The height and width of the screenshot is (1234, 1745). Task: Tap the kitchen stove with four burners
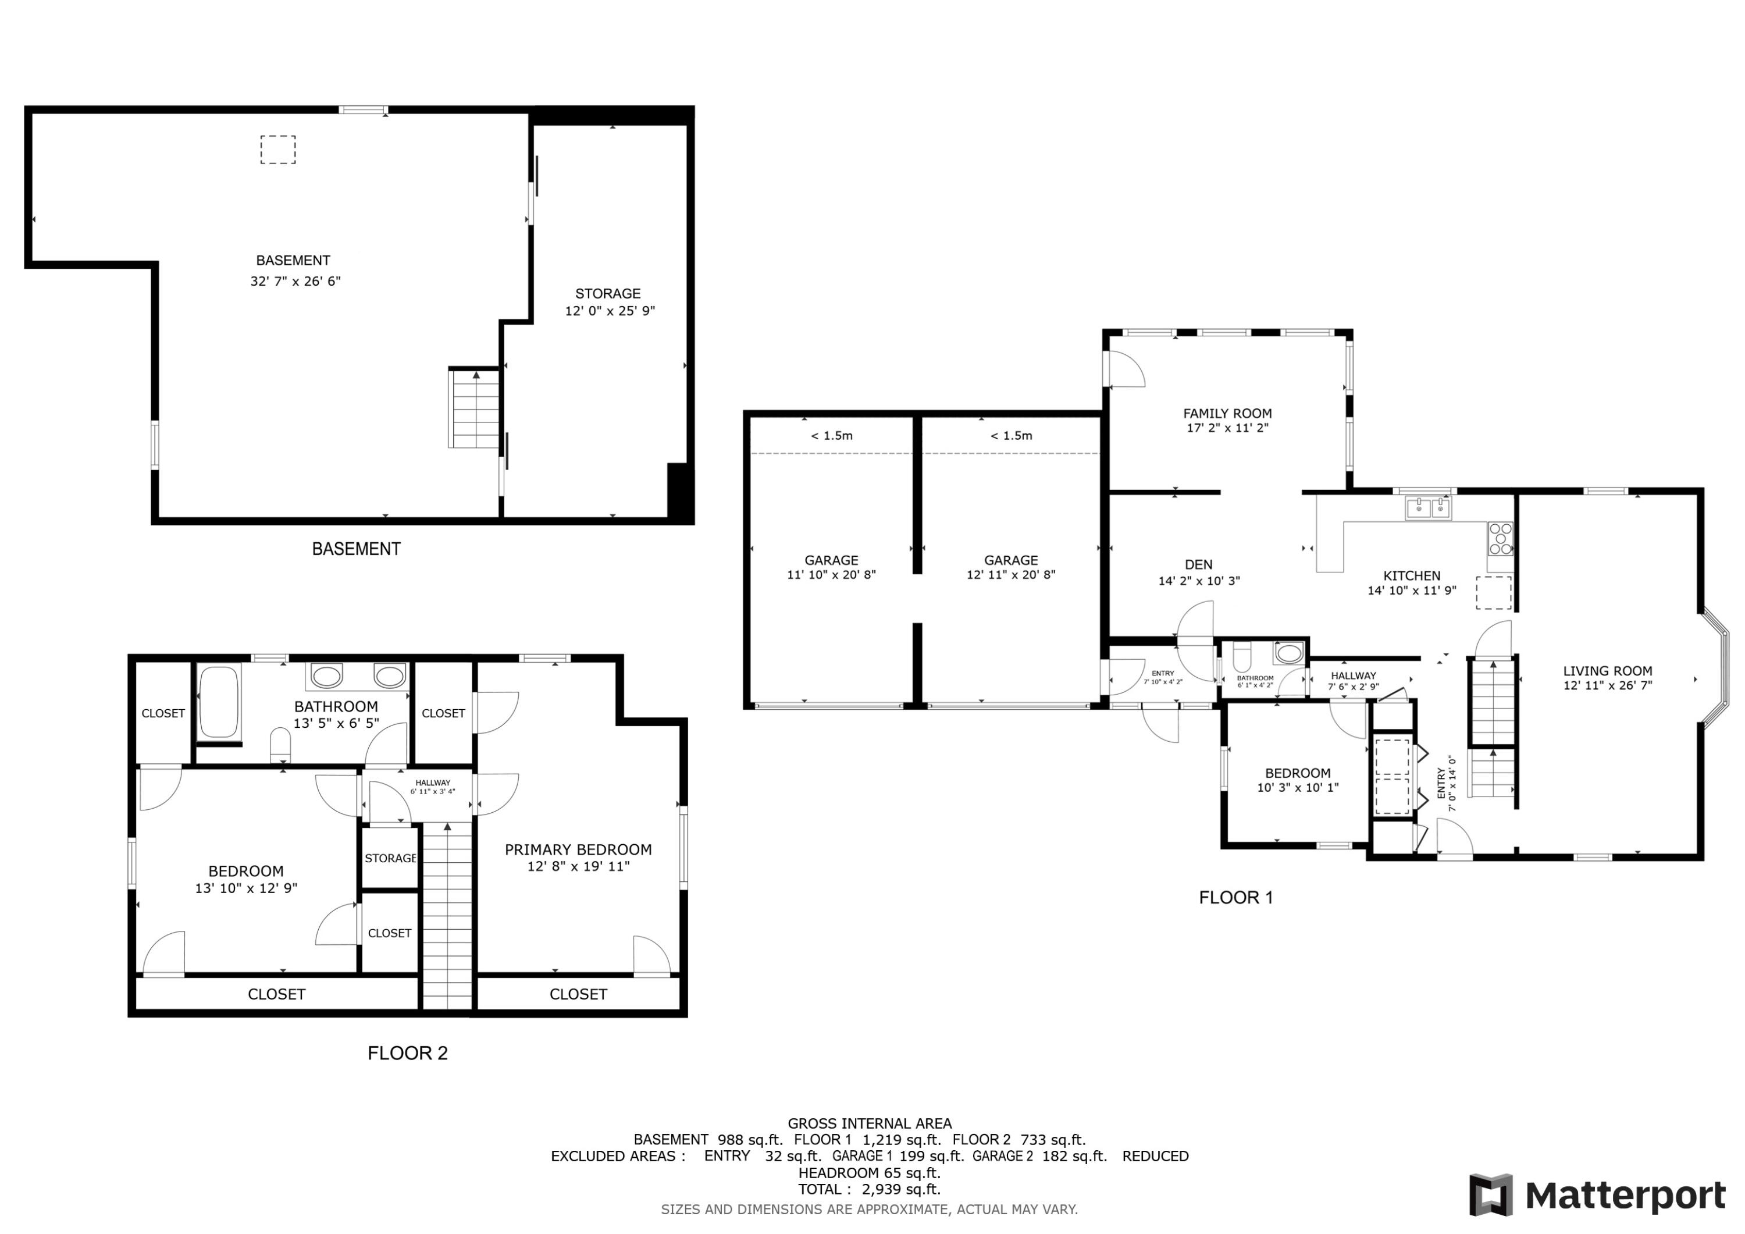tap(1500, 538)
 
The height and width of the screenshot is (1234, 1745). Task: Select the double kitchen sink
tap(1428, 507)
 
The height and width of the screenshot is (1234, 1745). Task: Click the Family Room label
tap(1227, 414)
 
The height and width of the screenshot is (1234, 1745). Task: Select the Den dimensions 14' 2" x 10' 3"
tap(1199, 581)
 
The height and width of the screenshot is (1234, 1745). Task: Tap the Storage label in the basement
tap(607, 293)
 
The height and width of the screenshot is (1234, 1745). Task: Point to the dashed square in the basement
tap(278, 150)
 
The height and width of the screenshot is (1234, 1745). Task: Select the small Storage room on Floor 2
tap(389, 858)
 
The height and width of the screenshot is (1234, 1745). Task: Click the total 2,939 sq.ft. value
tap(900, 1189)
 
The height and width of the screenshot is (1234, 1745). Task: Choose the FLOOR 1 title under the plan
tap(1236, 897)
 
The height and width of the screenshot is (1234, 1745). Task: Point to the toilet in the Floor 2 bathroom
tap(280, 744)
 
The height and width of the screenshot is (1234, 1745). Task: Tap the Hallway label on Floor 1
tap(1353, 675)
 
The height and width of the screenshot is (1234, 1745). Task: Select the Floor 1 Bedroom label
tap(1297, 773)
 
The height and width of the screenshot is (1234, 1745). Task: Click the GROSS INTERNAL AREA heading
tap(870, 1123)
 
